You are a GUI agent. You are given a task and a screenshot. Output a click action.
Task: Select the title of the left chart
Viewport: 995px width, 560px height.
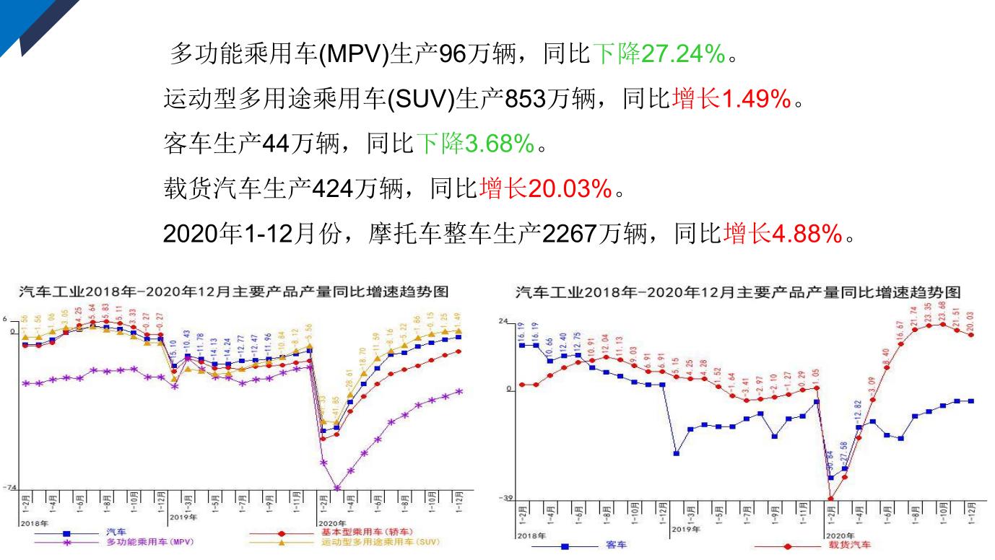coord(233,292)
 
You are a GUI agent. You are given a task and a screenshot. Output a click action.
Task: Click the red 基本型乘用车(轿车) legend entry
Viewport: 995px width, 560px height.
coord(367,532)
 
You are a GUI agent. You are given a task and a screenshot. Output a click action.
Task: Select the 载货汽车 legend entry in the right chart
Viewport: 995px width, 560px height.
coord(849,545)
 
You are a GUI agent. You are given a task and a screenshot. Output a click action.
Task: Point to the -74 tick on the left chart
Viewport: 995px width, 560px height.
coord(9,488)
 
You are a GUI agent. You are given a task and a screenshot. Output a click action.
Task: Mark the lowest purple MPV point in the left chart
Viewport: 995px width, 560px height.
coord(336,488)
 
